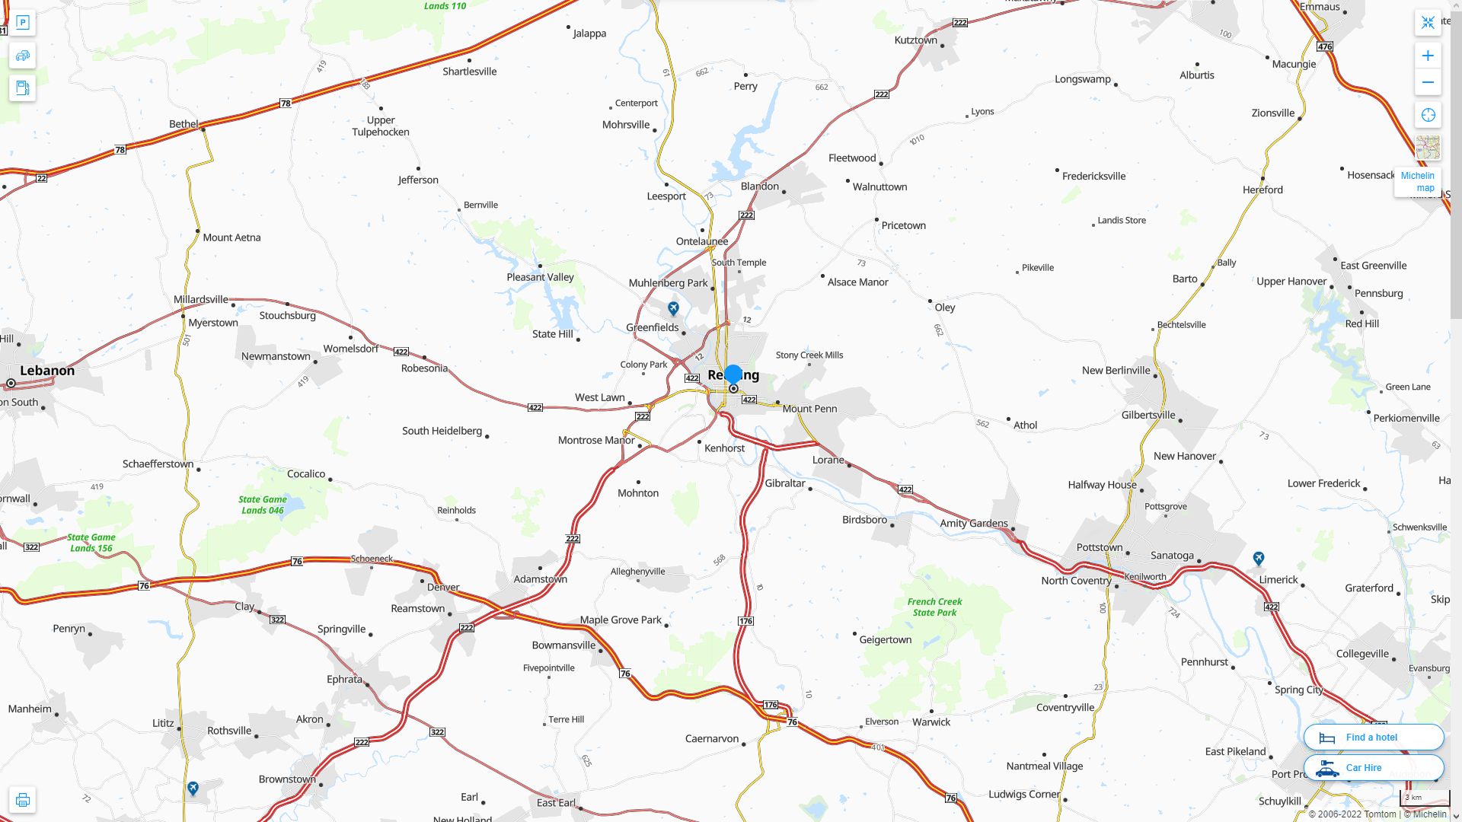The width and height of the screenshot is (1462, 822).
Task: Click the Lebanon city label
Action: point(47,371)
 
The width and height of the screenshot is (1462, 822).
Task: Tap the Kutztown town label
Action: point(915,40)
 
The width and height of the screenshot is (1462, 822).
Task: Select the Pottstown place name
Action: point(1099,547)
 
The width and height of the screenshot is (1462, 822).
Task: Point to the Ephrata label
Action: point(344,679)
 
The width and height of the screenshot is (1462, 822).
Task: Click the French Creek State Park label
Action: point(934,607)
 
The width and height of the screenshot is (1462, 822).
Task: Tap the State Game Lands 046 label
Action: point(263,505)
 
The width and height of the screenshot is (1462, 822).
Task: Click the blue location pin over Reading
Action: point(733,374)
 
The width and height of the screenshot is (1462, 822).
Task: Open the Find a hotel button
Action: point(1373,737)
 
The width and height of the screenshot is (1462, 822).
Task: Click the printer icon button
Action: point(22,800)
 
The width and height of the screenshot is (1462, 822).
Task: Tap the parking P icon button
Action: point(22,23)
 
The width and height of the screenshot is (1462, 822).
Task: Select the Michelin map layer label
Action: point(1417,182)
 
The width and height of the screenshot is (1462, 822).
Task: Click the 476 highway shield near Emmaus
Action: point(1324,46)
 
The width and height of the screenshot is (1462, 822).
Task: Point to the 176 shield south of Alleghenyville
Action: point(745,621)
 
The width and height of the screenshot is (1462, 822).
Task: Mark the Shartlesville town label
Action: point(469,72)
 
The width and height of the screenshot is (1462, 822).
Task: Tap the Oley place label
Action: point(944,307)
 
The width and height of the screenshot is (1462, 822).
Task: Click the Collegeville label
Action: point(1362,654)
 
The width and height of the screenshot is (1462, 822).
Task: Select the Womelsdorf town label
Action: point(350,349)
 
